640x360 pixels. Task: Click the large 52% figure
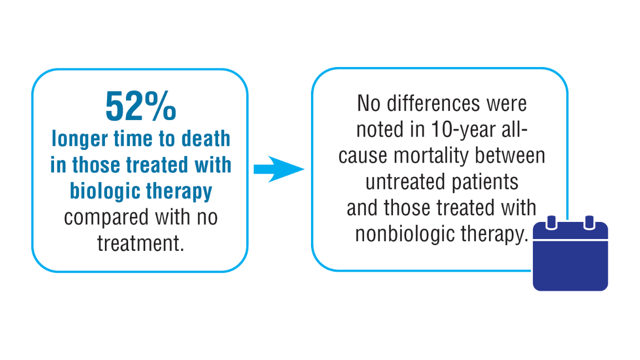click(140, 106)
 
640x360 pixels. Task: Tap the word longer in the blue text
click(80, 139)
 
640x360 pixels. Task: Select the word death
click(205, 138)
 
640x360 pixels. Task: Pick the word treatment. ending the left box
click(140, 243)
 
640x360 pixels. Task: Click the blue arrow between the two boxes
click(279, 169)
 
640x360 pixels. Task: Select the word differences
click(433, 103)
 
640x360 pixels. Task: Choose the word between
click(510, 155)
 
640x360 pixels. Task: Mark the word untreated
click(405, 181)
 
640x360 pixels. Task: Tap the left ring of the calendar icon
click(551, 223)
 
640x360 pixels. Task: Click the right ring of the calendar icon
click(589, 223)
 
